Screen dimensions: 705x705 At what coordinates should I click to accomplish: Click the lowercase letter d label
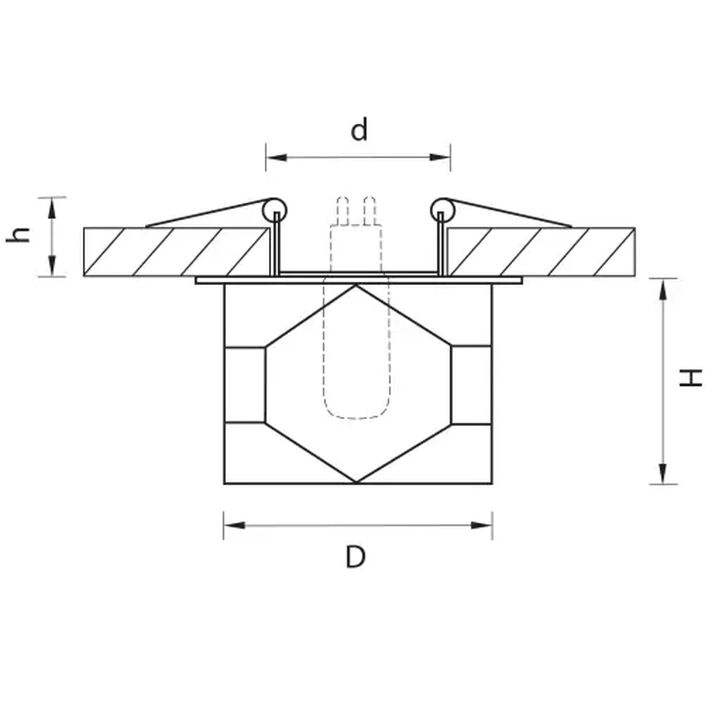tap(359, 130)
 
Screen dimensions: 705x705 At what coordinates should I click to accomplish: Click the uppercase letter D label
tap(355, 557)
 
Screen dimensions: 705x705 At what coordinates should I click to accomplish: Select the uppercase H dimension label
tap(690, 378)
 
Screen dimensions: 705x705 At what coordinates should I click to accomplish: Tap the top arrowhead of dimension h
tap(52, 207)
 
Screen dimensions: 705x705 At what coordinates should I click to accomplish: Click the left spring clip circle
tap(275, 210)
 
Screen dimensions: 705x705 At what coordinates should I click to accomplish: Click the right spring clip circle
tap(443, 210)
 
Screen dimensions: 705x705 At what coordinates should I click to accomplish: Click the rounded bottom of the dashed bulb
tap(357, 415)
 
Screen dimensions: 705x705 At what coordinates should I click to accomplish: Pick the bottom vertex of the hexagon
tap(356, 482)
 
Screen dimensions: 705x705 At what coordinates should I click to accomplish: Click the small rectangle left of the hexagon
tap(245, 384)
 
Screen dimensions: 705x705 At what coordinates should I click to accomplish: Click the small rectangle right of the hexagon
tap(471, 384)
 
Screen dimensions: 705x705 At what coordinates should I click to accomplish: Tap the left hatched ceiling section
tap(176, 252)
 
